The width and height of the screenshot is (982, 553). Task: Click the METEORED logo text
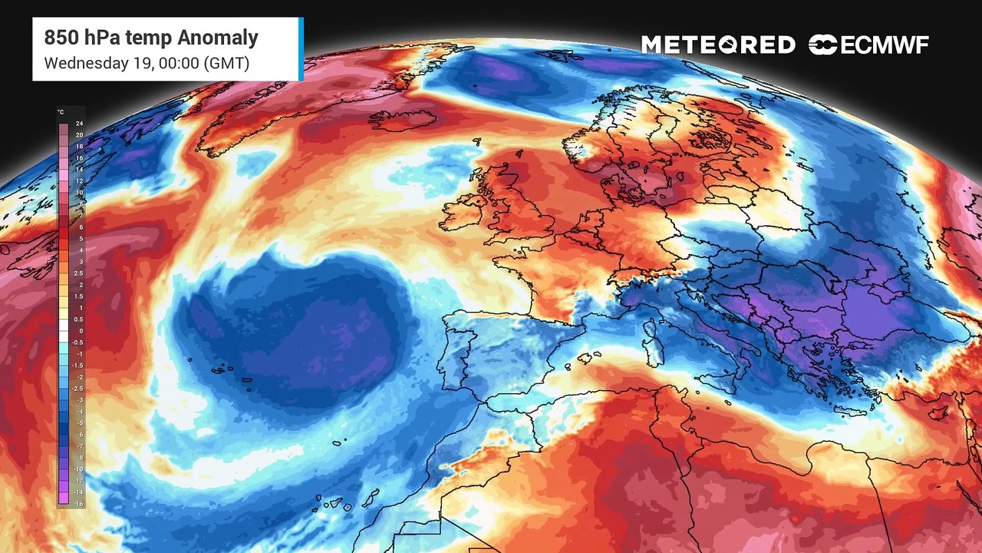718,45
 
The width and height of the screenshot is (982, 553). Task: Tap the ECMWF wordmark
885,45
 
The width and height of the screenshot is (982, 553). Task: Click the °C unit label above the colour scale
61,113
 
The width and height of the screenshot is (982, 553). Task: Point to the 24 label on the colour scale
79,124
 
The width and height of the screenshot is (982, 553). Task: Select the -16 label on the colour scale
79,503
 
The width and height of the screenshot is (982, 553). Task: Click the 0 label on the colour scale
80,331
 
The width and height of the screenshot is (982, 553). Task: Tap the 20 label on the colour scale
79,135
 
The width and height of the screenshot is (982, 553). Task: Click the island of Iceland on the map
403,120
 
